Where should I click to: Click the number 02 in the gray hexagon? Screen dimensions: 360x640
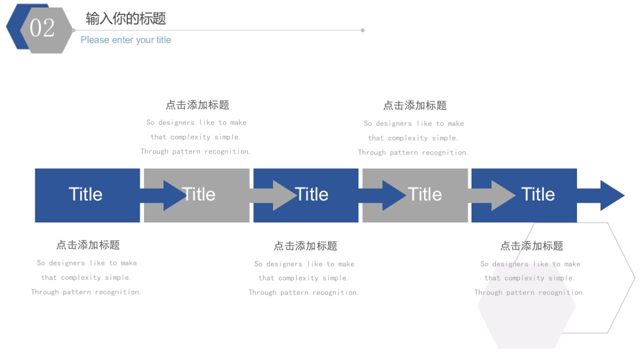pyautogui.click(x=42, y=28)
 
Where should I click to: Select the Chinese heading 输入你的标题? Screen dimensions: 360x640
pyautogui.click(x=126, y=19)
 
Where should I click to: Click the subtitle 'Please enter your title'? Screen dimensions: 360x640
pyautogui.click(x=126, y=40)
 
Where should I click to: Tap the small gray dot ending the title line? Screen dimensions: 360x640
pyautogui.click(x=363, y=30)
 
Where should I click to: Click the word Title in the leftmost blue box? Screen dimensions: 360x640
pyautogui.click(x=85, y=195)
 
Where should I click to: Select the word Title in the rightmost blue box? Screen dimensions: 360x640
pyautogui.click(x=538, y=195)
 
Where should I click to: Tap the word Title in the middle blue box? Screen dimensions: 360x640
pyautogui.click(x=311, y=195)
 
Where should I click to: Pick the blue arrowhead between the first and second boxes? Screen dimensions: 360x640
pyautogui.click(x=173, y=196)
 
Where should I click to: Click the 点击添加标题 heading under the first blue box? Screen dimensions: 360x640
pyautogui.click(x=88, y=245)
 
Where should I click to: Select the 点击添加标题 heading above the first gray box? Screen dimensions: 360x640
pyautogui.click(x=197, y=105)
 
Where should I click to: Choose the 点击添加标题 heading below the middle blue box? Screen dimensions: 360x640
pyautogui.click(x=306, y=246)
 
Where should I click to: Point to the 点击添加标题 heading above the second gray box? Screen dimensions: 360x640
pyautogui.click(x=415, y=106)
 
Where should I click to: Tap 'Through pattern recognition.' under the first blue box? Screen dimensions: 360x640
pyautogui.click(x=86, y=292)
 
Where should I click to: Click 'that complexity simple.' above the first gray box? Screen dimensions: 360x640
pyautogui.click(x=196, y=137)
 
